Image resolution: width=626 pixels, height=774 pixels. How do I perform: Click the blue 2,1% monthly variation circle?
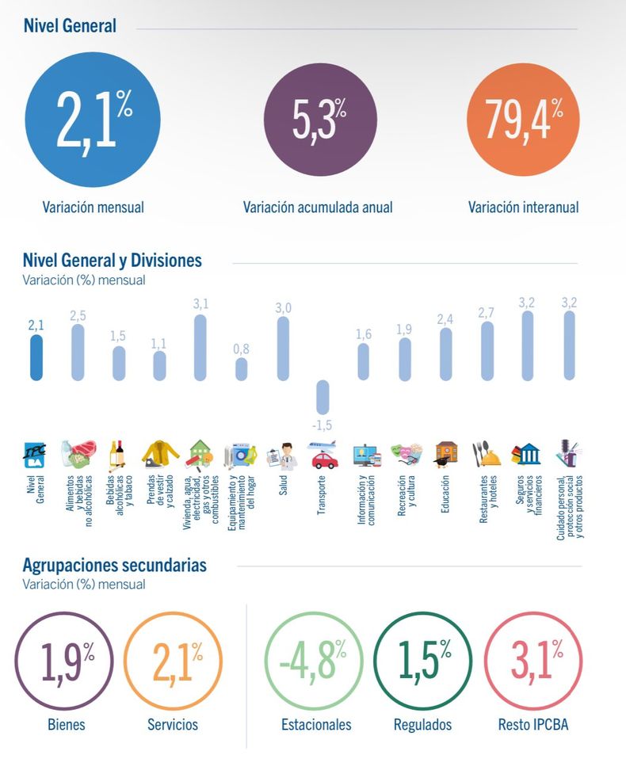click(x=93, y=120)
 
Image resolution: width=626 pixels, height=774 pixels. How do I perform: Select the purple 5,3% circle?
click(x=320, y=120)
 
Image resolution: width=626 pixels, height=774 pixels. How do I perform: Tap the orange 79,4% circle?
click(x=523, y=120)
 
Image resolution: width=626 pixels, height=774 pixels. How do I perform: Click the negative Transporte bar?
click(x=323, y=397)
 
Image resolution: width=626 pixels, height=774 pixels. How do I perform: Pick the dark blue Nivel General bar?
click(x=36, y=357)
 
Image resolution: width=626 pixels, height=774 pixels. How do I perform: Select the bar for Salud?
click(x=283, y=349)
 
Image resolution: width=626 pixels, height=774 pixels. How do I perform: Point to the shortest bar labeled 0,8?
click(x=242, y=368)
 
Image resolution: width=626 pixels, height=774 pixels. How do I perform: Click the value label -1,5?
click(x=322, y=425)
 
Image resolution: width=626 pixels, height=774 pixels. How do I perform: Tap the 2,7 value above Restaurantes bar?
click(x=487, y=312)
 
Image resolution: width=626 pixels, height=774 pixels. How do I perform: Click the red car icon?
click(x=325, y=461)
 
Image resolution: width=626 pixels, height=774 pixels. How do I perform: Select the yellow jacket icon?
click(x=161, y=454)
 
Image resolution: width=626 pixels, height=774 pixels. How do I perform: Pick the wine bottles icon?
click(x=117, y=454)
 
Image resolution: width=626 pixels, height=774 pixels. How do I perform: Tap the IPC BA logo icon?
click(x=35, y=455)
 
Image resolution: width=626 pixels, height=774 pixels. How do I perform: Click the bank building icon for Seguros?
click(x=526, y=454)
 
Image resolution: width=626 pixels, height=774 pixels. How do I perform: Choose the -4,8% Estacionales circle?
click(x=314, y=662)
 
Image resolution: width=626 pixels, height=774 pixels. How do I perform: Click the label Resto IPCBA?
click(x=533, y=724)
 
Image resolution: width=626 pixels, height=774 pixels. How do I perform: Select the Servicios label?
click(x=173, y=724)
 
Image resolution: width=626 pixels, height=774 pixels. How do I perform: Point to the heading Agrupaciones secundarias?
click(x=115, y=565)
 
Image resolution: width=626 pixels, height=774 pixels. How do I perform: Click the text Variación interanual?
click(x=523, y=207)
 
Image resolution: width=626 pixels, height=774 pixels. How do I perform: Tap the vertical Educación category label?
click(x=445, y=494)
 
